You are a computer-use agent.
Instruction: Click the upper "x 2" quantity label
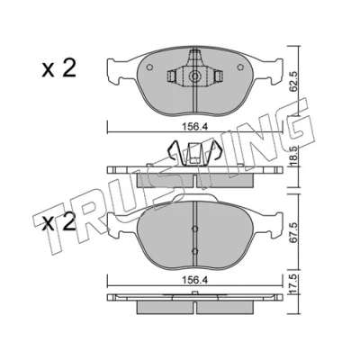pos(58,68)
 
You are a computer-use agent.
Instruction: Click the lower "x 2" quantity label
pos(58,222)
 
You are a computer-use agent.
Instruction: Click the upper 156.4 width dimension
pos(195,127)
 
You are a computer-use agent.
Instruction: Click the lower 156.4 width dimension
pos(195,281)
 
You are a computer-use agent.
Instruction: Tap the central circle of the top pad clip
pos(194,76)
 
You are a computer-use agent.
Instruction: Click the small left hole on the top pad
pos(149,67)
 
